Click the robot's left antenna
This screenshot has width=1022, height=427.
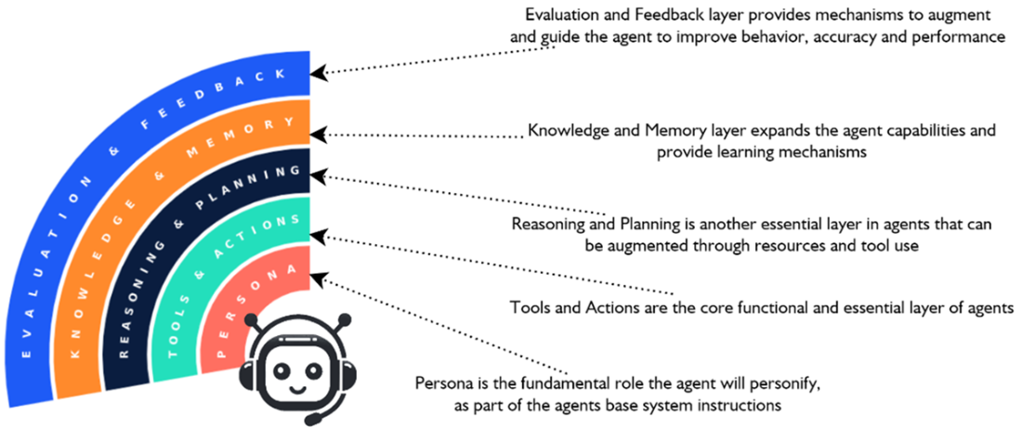pyautogui.click(x=254, y=320)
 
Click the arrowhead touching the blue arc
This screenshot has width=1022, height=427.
pyautogui.click(x=319, y=70)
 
